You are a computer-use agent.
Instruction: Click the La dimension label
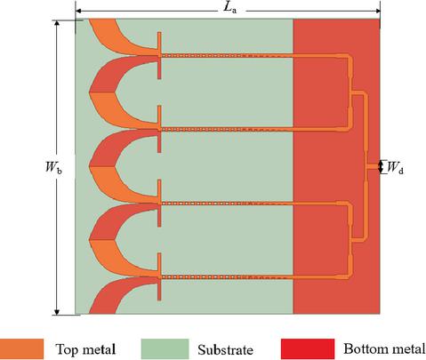(230, 8)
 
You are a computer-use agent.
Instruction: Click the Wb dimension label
(53, 167)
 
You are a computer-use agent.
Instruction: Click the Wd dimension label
(395, 167)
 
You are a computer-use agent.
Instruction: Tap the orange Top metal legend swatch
(21, 349)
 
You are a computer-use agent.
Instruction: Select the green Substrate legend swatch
(165, 349)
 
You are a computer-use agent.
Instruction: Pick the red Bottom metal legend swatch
(308, 349)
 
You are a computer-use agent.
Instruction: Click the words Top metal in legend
(85, 349)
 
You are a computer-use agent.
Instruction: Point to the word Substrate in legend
(225, 349)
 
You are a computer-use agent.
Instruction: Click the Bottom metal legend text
(384, 349)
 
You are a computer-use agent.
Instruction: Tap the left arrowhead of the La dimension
(77, 11)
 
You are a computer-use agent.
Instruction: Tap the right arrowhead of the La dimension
(378, 11)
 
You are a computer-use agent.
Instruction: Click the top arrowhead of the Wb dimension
(57, 23)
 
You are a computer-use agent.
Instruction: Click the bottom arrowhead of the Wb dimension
(57, 312)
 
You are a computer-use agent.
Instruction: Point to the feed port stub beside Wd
(374, 167)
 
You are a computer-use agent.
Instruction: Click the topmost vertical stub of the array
(159, 55)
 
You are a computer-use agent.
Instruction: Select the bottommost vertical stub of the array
(159, 276)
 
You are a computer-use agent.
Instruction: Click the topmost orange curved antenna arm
(118, 38)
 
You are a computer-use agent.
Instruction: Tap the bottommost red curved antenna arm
(118, 295)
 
